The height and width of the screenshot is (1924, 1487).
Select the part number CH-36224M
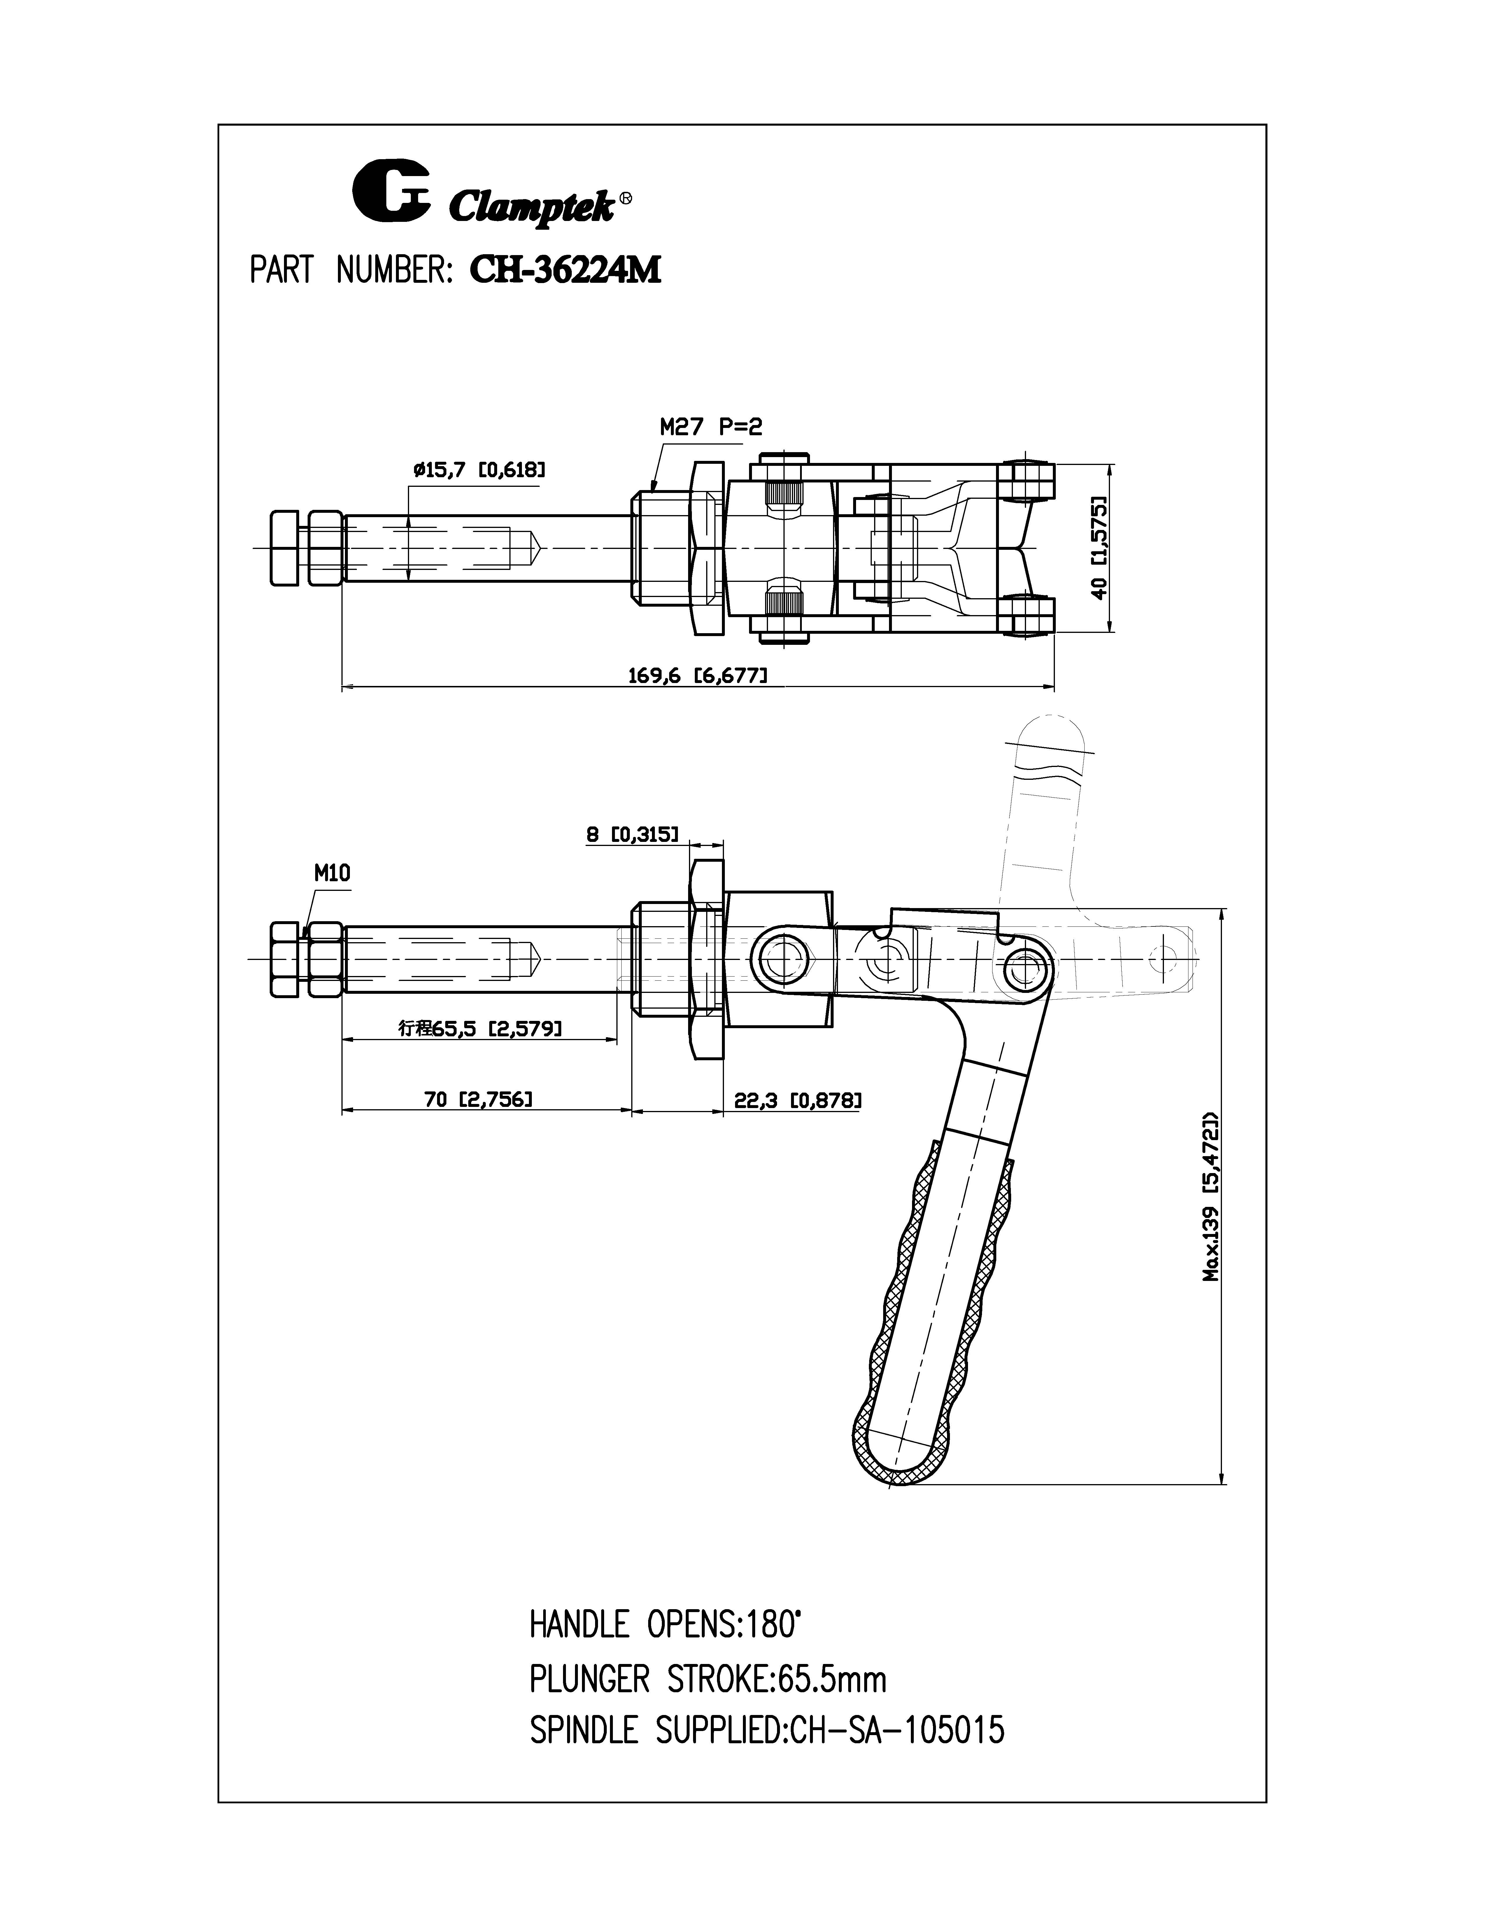point(566,271)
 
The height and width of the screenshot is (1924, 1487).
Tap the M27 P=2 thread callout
point(711,427)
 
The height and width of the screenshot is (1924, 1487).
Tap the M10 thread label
point(332,873)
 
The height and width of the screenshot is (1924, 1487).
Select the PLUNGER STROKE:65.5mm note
point(707,1680)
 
